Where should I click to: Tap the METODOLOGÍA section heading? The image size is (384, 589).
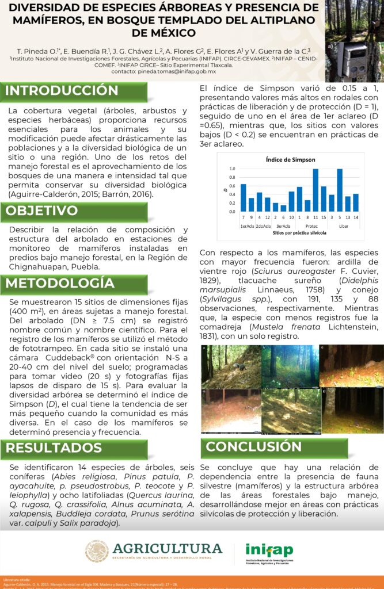coord(60,283)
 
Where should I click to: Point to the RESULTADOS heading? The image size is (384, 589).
coord(54,448)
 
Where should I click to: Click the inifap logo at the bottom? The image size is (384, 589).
coord(269,551)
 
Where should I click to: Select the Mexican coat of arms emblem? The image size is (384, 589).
coord(97,550)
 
